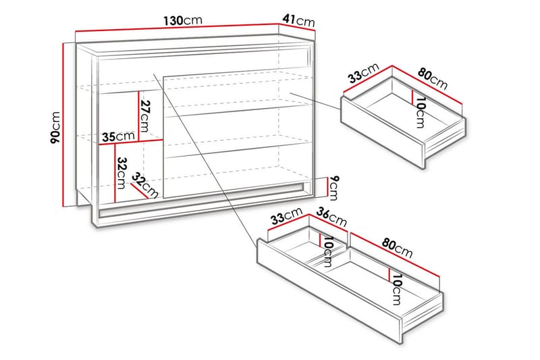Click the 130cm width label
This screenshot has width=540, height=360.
click(x=182, y=20)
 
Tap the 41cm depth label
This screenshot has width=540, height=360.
click(x=299, y=20)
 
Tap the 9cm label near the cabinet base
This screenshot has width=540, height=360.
click(x=333, y=184)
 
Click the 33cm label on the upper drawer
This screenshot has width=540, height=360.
click(x=362, y=72)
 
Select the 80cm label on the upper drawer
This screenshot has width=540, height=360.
click(x=432, y=78)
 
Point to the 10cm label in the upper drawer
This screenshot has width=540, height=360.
click(x=419, y=112)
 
